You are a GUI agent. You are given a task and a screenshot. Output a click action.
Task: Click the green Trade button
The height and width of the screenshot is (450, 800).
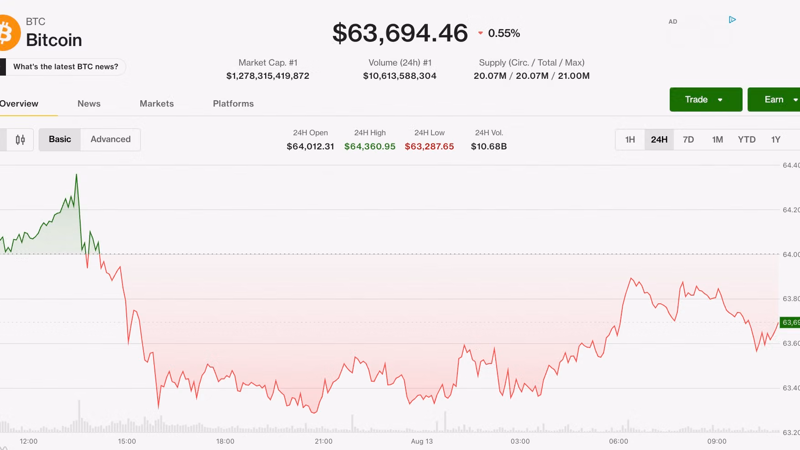pyautogui.click(x=706, y=99)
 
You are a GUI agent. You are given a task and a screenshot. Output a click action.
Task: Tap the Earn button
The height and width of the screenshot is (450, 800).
pyautogui.click(x=774, y=99)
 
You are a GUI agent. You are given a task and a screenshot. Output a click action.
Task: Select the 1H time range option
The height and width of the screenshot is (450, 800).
pyautogui.click(x=630, y=139)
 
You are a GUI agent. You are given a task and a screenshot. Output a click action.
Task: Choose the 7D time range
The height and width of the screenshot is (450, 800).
pyautogui.click(x=688, y=139)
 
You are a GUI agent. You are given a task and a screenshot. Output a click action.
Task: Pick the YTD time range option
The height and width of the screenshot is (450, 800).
pyautogui.click(x=747, y=139)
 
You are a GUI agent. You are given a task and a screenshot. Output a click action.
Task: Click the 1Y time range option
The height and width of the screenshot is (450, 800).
pyautogui.click(x=776, y=139)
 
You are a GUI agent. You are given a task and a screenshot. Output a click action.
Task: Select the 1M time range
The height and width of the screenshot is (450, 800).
pyautogui.click(x=718, y=139)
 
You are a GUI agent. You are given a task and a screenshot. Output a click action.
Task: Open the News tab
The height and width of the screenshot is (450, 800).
pyautogui.click(x=89, y=103)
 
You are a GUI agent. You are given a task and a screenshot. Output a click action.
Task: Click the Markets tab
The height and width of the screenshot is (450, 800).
pyautogui.click(x=157, y=103)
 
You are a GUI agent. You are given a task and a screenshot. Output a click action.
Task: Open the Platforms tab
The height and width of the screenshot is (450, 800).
pyautogui.click(x=233, y=103)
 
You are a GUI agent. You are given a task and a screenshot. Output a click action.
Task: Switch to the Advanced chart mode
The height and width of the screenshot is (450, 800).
pyautogui.click(x=111, y=139)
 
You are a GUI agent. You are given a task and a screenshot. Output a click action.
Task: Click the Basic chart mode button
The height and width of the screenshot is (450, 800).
pyautogui.click(x=60, y=139)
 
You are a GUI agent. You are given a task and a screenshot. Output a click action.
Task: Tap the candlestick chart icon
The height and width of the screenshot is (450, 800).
pyautogui.click(x=20, y=140)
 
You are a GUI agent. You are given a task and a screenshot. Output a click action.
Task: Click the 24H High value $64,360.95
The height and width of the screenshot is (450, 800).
pyautogui.click(x=370, y=146)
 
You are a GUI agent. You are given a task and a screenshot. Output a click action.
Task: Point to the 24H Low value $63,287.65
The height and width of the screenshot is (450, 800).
pyautogui.click(x=430, y=146)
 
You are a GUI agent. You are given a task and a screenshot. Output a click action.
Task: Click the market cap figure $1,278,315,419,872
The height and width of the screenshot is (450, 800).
pyautogui.click(x=268, y=76)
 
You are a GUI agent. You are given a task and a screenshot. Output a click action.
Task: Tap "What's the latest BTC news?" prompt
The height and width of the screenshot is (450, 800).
pyautogui.click(x=66, y=66)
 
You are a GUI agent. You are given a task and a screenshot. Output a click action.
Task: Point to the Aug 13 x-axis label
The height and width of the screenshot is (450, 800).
pyautogui.click(x=422, y=441)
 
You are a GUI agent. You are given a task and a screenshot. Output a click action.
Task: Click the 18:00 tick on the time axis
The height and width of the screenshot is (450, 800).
pyautogui.click(x=225, y=441)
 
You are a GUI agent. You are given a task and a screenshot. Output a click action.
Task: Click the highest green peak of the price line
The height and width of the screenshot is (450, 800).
pyautogui.click(x=77, y=174)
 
